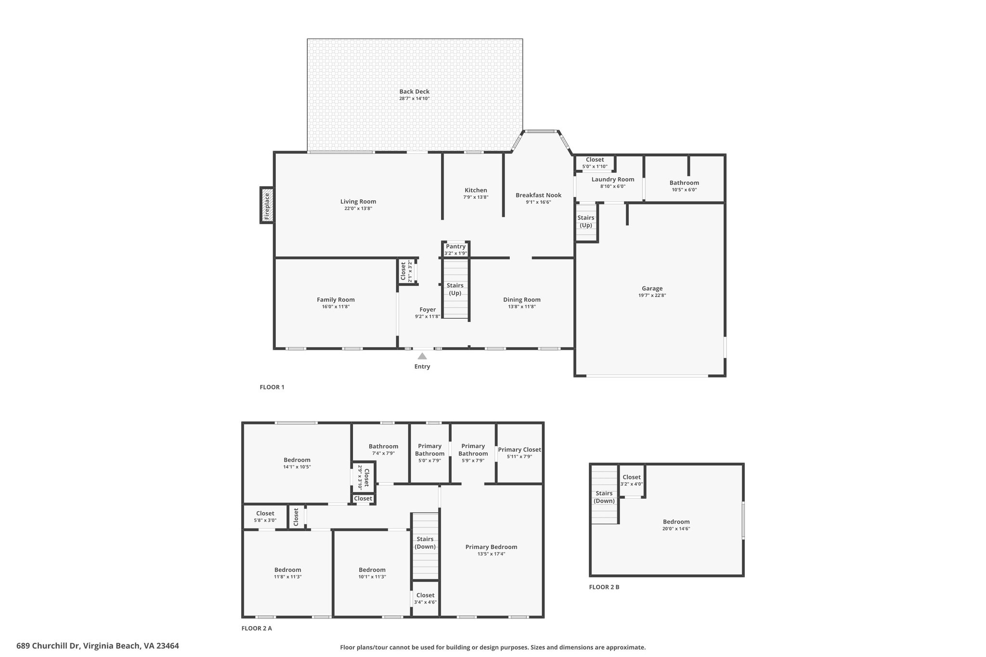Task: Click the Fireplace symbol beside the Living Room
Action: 267,205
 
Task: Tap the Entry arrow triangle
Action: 422,356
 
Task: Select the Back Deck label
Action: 415,91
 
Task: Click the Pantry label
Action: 455,246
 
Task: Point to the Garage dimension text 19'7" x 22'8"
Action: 652,296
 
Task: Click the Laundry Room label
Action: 613,180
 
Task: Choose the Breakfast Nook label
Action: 538,195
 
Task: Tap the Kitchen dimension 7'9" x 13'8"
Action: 476,197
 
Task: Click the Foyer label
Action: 428,310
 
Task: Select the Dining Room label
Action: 522,300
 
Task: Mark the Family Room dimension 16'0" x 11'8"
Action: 336,307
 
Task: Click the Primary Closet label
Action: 519,450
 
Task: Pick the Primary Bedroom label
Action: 491,547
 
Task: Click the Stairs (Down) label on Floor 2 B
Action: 604,497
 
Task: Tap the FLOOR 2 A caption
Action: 257,628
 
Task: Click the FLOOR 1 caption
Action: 272,387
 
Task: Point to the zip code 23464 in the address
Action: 168,646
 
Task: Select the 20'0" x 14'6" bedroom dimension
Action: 676,528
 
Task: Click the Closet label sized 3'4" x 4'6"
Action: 425,595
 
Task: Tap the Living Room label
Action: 358,202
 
